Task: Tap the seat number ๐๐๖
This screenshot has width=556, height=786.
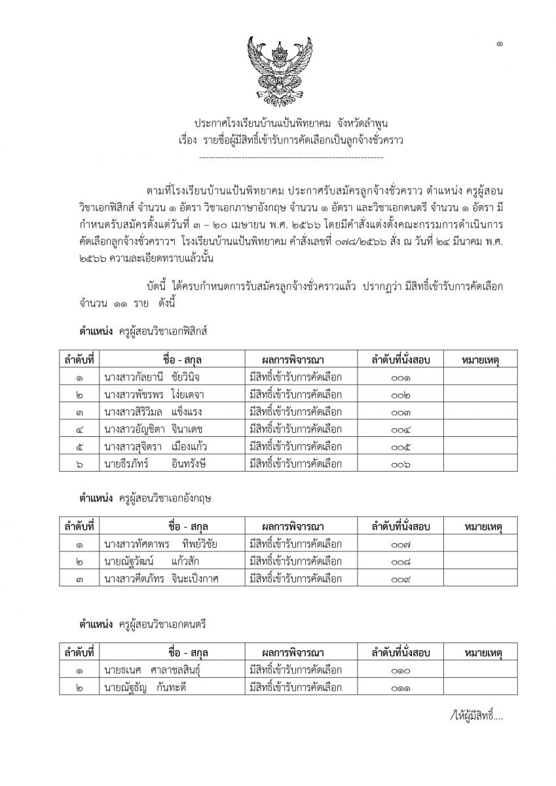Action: click(x=400, y=465)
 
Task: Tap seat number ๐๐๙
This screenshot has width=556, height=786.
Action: click(x=400, y=579)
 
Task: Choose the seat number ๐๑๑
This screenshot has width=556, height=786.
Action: click(x=400, y=688)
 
